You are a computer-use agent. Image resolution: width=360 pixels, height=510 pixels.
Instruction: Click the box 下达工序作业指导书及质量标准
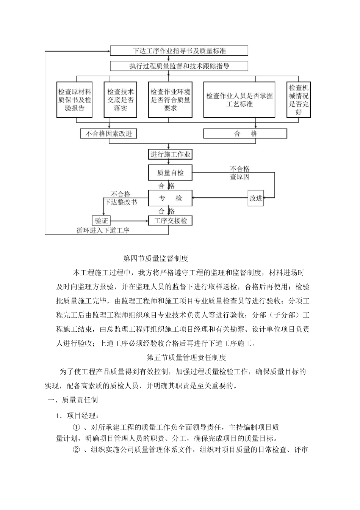[x=179, y=51]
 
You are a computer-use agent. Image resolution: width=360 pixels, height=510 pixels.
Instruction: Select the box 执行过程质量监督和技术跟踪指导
[x=179, y=66]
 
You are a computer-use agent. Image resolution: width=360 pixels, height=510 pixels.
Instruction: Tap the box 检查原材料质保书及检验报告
[x=75, y=100]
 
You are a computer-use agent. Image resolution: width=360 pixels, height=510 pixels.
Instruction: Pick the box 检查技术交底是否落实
[x=120, y=100]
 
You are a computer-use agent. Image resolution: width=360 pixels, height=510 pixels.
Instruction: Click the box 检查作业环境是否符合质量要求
[x=170, y=100]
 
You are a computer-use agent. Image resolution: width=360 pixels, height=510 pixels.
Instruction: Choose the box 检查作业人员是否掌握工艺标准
[x=239, y=100]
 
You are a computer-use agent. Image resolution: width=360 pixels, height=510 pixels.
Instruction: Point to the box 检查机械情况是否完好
[x=299, y=100]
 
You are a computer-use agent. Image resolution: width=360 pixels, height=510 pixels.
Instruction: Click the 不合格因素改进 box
[x=108, y=134]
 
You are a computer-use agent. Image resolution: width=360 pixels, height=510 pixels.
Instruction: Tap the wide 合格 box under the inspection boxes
[x=245, y=134]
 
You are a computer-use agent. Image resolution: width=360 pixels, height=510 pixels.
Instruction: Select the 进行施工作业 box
[x=170, y=154]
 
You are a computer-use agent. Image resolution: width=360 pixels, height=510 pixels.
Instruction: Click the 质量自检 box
[x=170, y=173]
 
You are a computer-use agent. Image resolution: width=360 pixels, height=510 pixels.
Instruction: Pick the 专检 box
[x=170, y=198]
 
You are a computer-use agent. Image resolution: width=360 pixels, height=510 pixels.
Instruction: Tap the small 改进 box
[x=256, y=198]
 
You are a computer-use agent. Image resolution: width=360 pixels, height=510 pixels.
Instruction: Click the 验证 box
[x=101, y=220]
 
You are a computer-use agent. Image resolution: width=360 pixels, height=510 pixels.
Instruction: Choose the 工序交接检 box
[x=170, y=220]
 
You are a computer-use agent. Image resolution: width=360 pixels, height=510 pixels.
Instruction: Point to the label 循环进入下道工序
[x=103, y=230]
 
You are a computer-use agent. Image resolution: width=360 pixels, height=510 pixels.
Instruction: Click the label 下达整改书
[x=121, y=202]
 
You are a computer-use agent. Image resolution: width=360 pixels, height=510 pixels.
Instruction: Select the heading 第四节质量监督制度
[x=156, y=258]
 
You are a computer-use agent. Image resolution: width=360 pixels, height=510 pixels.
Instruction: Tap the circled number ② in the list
[x=77, y=450]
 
